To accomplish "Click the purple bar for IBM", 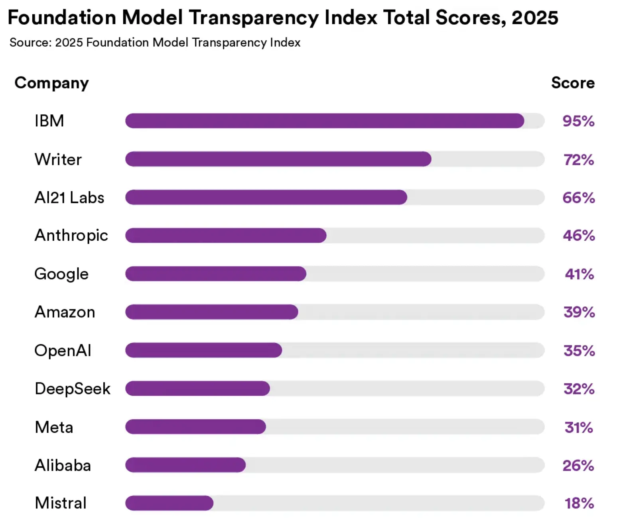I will click(325, 121).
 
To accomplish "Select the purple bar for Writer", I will click(278, 159).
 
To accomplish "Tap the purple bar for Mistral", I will click(169, 503).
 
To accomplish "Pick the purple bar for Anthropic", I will click(226, 235).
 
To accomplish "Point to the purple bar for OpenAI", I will click(203, 350).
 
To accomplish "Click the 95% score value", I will click(578, 121).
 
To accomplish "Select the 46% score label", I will click(579, 235).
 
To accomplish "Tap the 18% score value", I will click(579, 503).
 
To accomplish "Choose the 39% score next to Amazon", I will click(579, 312).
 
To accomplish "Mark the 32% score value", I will click(579, 389).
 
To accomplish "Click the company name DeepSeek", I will click(73, 389).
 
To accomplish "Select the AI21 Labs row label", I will click(69, 198).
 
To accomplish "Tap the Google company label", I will click(61, 274).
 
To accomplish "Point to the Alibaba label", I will click(63, 465).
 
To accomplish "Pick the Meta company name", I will click(54, 427).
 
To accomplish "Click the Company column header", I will click(51, 83).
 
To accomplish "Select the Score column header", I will click(573, 83).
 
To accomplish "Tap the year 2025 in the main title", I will click(534, 18).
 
